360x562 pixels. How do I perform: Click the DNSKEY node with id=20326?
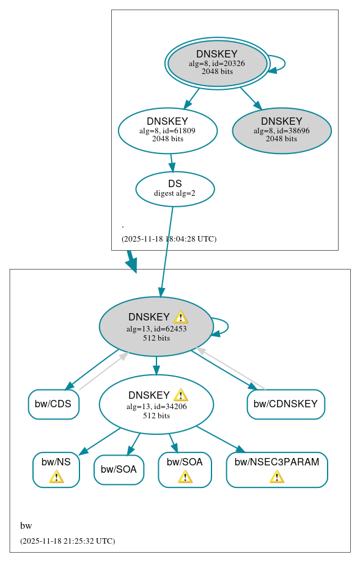click(x=217, y=63)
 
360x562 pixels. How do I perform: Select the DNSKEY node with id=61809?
click(x=167, y=130)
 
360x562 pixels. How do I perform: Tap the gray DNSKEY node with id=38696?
click(x=282, y=130)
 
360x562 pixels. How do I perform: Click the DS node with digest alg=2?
click(x=175, y=188)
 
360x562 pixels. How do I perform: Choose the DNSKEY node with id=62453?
click(x=156, y=327)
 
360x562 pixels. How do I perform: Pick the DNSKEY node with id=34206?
click(x=156, y=404)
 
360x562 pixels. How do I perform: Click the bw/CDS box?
click(x=53, y=404)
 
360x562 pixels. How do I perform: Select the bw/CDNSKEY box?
click(x=285, y=404)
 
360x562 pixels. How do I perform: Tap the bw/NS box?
click(x=56, y=469)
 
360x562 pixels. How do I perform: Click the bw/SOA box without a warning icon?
click(x=119, y=470)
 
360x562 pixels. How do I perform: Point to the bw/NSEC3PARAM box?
click(x=277, y=469)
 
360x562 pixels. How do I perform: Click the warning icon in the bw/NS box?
click(x=56, y=476)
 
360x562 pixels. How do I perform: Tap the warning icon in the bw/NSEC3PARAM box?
click(x=277, y=476)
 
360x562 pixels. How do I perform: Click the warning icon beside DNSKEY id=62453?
click(x=180, y=317)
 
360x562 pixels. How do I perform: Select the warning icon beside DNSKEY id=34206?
click(x=180, y=395)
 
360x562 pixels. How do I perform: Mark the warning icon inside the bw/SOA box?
click(x=185, y=476)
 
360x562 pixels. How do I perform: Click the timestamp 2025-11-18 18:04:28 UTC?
click(x=169, y=239)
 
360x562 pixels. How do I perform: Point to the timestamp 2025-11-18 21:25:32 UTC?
click(x=67, y=541)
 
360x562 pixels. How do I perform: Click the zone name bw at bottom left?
click(x=26, y=526)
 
